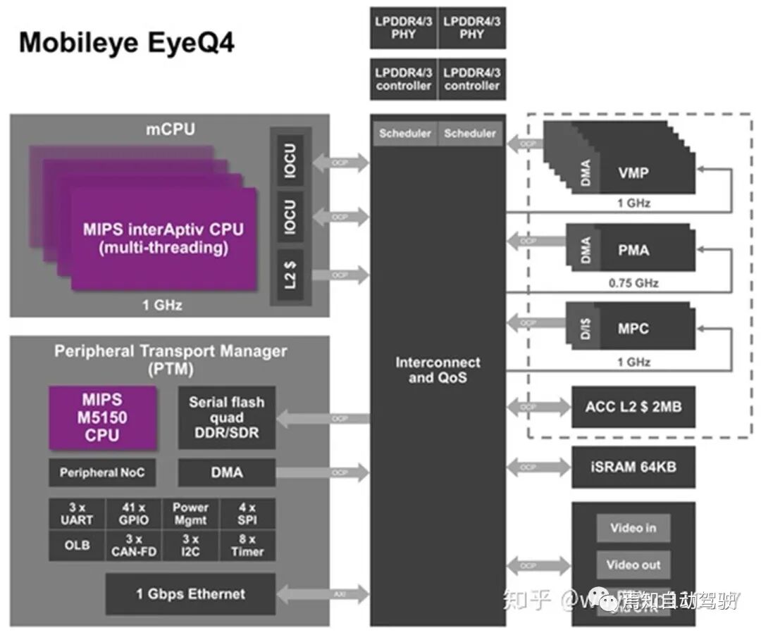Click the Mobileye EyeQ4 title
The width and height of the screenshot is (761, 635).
tap(127, 43)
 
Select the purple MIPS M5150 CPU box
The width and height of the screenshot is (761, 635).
tap(103, 417)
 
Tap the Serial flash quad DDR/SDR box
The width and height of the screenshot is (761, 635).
tap(226, 417)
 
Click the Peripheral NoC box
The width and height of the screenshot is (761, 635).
tap(102, 472)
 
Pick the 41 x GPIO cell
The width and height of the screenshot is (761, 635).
tap(134, 514)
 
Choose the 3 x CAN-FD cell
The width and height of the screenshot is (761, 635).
tap(134, 546)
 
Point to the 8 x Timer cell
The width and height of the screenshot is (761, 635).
tap(247, 546)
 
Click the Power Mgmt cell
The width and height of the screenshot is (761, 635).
tap(190, 514)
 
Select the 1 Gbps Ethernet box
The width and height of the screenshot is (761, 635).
tap(190, 593)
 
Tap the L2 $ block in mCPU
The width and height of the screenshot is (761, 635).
tap(290, 275)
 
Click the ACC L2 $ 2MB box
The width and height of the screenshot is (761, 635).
tap(633, 406)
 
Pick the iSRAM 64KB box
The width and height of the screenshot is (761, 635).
tap(633, 467)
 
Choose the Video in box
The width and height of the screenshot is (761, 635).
tap(633, 527)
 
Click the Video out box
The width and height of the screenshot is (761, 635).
tap(633, 565)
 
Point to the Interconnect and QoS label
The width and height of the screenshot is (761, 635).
tap(438, 370)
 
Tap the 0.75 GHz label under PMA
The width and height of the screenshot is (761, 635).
tap(633, 283)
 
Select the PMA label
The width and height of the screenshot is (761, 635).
tap(633, 250)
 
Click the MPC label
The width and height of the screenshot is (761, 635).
tap(633, 329)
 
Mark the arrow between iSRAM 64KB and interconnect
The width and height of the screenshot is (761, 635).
tap(538, 467)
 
